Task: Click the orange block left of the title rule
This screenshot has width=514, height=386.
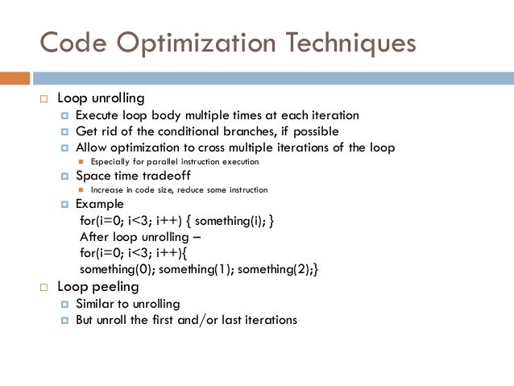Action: coord(15,78)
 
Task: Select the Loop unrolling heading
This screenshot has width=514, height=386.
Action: coord(101,98)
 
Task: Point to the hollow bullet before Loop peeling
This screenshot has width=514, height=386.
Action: coord(44,287)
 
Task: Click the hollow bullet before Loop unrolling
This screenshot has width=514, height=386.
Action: coord(44,99)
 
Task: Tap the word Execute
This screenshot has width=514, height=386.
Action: coord(98,115)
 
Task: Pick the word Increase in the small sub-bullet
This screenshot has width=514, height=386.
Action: coord(107,190)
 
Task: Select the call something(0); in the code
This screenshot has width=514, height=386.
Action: coord(116,269)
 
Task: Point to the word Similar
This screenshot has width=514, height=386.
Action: coord(97,304)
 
